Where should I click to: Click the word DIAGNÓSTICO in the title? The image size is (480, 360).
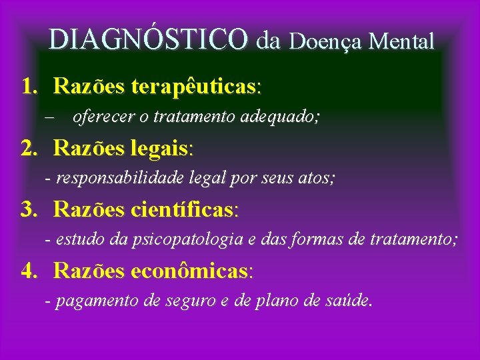tap(148, 40)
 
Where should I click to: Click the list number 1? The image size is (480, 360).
tap(28, 87)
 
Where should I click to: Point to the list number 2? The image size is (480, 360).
tap(28, 148)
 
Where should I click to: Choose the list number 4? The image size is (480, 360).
tap(28, 271)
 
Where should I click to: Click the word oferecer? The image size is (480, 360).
tap(97, 117)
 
